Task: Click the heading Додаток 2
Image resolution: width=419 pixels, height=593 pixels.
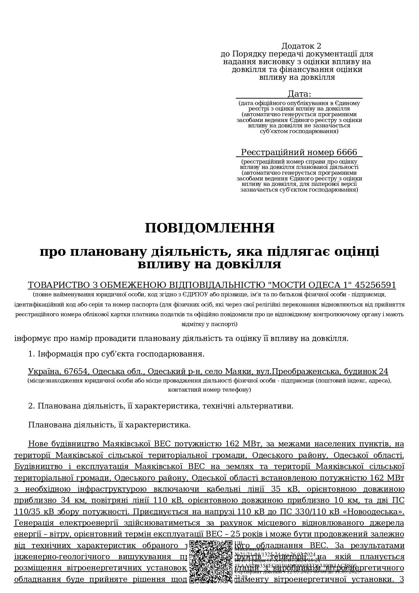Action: point(301,46)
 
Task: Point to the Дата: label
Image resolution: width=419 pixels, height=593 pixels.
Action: point(299,94)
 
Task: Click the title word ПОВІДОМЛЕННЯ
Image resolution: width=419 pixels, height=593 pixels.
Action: point(209,228)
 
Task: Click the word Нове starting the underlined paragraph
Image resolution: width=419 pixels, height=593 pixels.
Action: point(38,444)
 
